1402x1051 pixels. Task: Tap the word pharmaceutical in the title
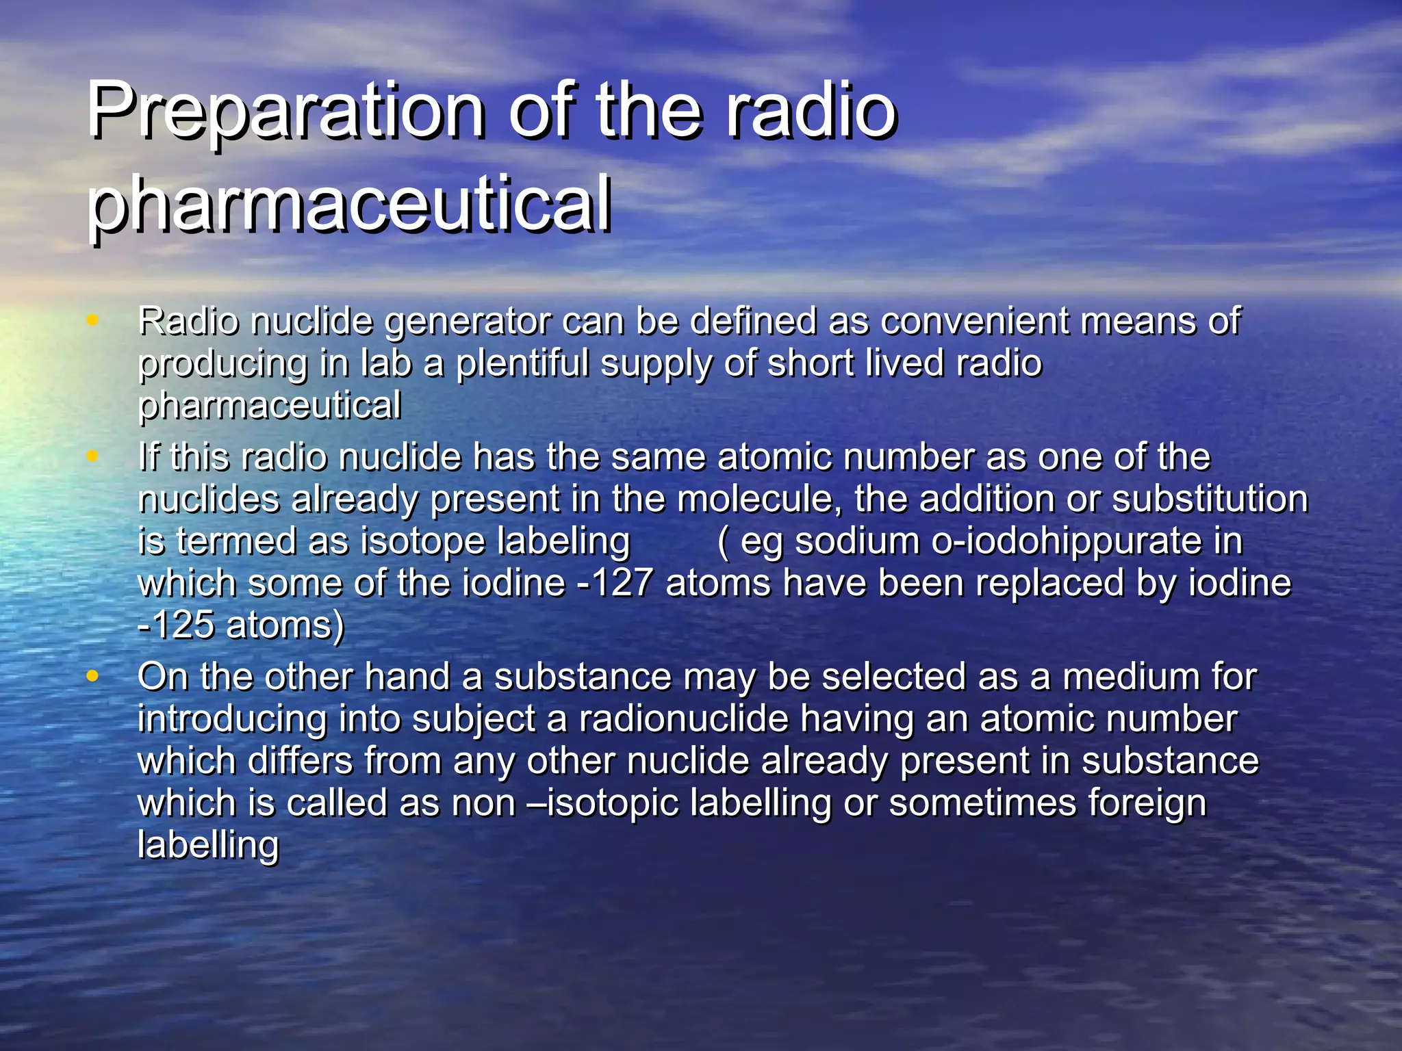tap(349, 204)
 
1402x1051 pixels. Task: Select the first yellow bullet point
tap(92, 318)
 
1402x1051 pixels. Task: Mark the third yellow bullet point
tap(92, 675)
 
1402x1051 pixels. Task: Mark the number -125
tap(177, 625)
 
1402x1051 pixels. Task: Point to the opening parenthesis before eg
tap(723, 543)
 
